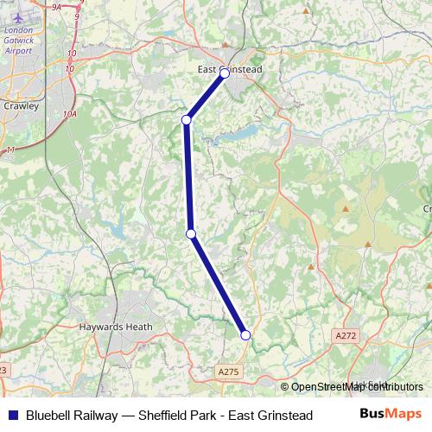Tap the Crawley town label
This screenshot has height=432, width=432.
tap(22, 106)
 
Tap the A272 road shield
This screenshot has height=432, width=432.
tap(346, 335)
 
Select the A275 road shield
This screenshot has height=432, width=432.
tap(227, 370)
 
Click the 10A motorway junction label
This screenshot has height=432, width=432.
tap(70, 113)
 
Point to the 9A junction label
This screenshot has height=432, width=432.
tap(57, 7)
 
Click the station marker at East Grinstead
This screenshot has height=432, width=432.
tap(225, 74)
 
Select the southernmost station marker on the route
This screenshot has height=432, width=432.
tap(245, 335)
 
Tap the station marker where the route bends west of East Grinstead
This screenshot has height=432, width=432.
tap(186, 119)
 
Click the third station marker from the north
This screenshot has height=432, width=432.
tap(191, 233)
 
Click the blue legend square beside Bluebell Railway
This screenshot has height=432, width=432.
tap(12, 416)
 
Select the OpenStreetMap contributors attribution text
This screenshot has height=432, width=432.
tap(357, 387)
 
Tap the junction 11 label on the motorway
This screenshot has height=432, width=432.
tap(11, 150)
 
